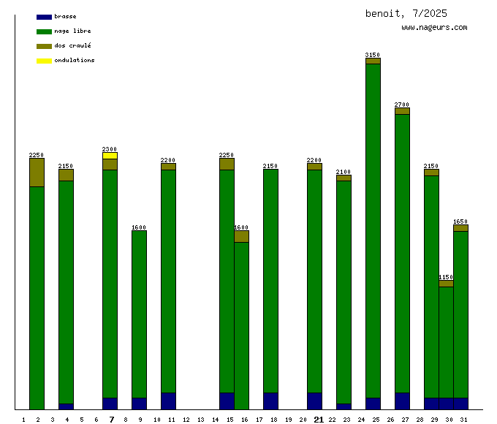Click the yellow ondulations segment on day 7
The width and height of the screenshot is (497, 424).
pos(110,156)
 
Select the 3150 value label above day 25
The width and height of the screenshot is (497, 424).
pos(373,55)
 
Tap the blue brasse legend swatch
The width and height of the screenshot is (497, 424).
pos(44,17)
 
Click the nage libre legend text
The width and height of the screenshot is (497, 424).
pos(72,31)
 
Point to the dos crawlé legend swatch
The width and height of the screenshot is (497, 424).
pos(44,46)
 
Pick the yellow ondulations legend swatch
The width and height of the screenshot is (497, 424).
pos(44,61)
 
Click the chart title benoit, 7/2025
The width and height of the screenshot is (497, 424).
pos(406,14)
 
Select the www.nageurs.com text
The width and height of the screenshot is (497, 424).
pos(434,28)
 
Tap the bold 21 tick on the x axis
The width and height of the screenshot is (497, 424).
pos(319,420)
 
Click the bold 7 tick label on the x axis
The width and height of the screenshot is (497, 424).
pos(112,420)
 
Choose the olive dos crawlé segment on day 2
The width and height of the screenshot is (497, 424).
pos(37,173)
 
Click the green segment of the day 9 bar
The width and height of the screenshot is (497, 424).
pos(139,314)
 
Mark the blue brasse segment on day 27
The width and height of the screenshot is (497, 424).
pos(402,401)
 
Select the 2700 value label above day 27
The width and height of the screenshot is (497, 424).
pos(402,105)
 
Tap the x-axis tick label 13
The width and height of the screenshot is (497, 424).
pos(201,420)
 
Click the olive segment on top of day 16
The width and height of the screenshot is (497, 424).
pos(241,236)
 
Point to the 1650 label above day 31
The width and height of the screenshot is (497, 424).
pos(460,222)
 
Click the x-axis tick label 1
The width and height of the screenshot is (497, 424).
pos(23,420)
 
